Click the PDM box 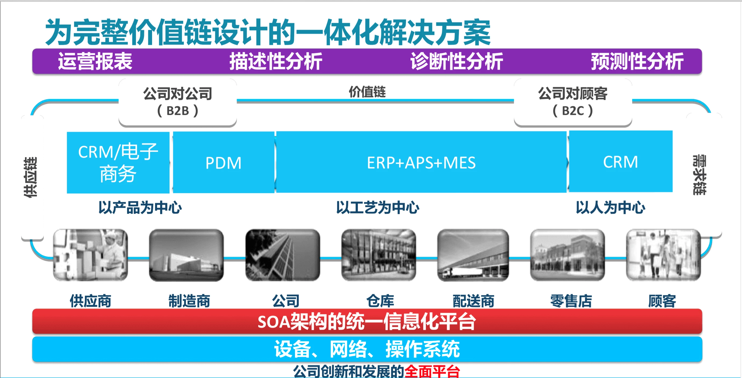[224, 162]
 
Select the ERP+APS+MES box [421, 162]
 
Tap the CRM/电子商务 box [118, 163]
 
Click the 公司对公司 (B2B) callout [178, 102]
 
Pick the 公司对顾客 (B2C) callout [573, 102]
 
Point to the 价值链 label [367, 92]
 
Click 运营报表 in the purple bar [95, 61]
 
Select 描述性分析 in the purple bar [276, 61]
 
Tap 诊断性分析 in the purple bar [457, 61]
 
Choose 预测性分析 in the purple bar [637, 61]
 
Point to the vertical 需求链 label [699, 175]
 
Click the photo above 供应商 [91, 255]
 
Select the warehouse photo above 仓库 [379, 255]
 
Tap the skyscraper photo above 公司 [283, 255]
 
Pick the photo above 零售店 [567, 255]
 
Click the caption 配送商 [474, 301]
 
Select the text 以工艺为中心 [378, 207]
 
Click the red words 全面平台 [432, 371]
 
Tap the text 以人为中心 [610, 207]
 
